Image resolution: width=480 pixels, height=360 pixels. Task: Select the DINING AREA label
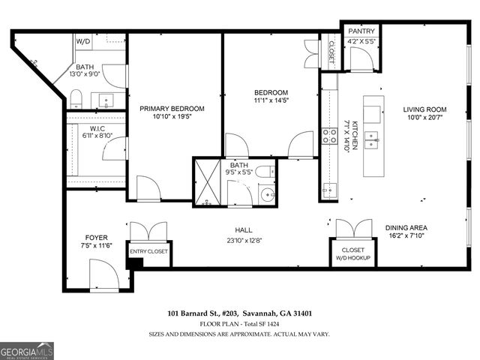(x=406, y=228)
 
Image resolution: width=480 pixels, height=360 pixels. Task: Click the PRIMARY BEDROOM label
(x=172, y=109)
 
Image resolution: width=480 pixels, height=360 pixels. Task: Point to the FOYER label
(x=97, y=238)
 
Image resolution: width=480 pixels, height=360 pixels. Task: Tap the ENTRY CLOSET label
(x=149, y=252)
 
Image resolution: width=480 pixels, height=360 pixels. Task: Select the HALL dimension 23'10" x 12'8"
(x=243, y=241)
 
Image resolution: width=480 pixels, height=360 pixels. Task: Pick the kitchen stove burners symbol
(x=328, y=136)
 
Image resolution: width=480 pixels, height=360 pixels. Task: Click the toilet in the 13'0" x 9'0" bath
(x=76, y=97)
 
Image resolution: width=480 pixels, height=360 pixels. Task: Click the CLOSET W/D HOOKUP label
(x=352, y=253)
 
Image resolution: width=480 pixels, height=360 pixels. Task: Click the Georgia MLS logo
(x=27, y=351)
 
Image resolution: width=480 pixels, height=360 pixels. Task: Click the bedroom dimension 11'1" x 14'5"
(x=270, y=102)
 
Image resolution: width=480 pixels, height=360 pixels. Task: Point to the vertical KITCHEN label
(x=346, y=134)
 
